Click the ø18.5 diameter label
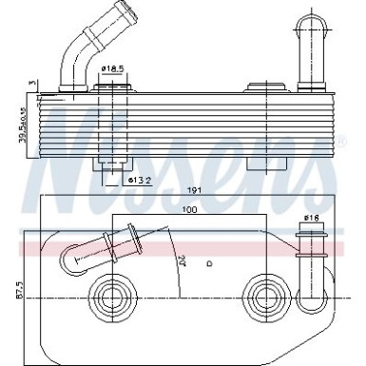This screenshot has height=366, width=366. coord(114,68)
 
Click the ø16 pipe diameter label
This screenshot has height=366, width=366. coord(310,218)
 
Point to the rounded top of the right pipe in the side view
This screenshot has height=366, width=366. coord(310,20)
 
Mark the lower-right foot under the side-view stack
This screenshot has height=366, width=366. coord(260,164)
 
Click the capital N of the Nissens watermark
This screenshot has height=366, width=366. coord(71,143)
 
